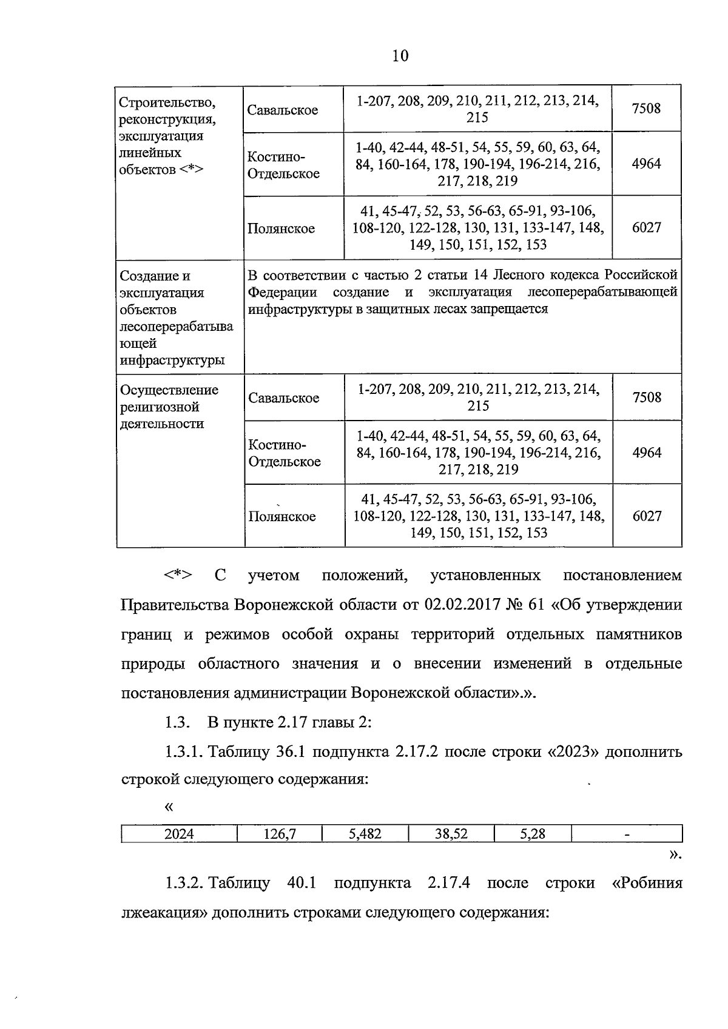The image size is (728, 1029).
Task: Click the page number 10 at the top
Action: (400, 56)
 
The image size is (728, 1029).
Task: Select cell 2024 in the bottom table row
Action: (179, 834)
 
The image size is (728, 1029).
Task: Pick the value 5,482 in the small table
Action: (365, 834)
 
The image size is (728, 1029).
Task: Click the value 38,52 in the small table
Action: (451, 834)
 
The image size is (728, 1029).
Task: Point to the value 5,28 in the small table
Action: (533, 834)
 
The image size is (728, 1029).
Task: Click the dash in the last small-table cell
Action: (627, 835)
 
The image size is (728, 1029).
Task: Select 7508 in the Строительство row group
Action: (646, 109)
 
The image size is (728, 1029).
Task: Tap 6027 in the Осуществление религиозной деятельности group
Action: (647, 516)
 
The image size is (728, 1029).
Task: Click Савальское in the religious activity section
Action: (283, 398)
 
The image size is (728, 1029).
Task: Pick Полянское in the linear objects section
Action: (281, 228)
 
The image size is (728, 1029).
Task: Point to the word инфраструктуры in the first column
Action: (172, 361)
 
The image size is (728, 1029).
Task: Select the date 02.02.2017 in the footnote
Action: (462, 605)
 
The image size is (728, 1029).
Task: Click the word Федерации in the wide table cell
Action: (283, 293)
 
